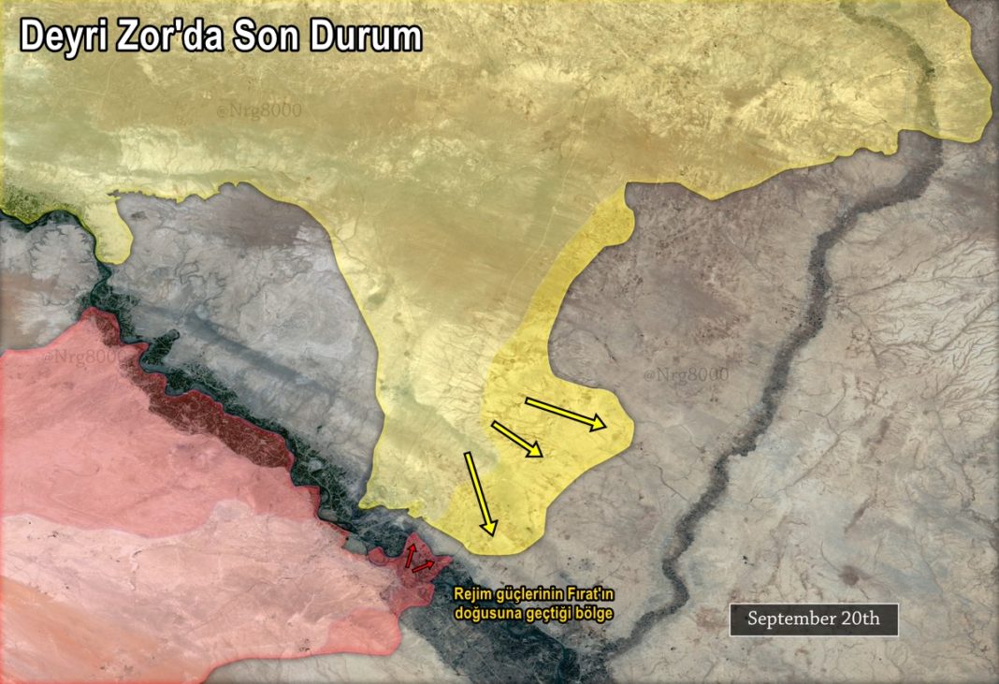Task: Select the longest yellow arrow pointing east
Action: [566, 413]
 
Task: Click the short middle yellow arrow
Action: [516, 439]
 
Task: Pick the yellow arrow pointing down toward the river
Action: [480, 493]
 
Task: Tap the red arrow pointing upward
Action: [409, 555]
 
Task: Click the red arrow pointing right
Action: [423, 566]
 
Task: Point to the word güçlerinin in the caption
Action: [527, 594]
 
